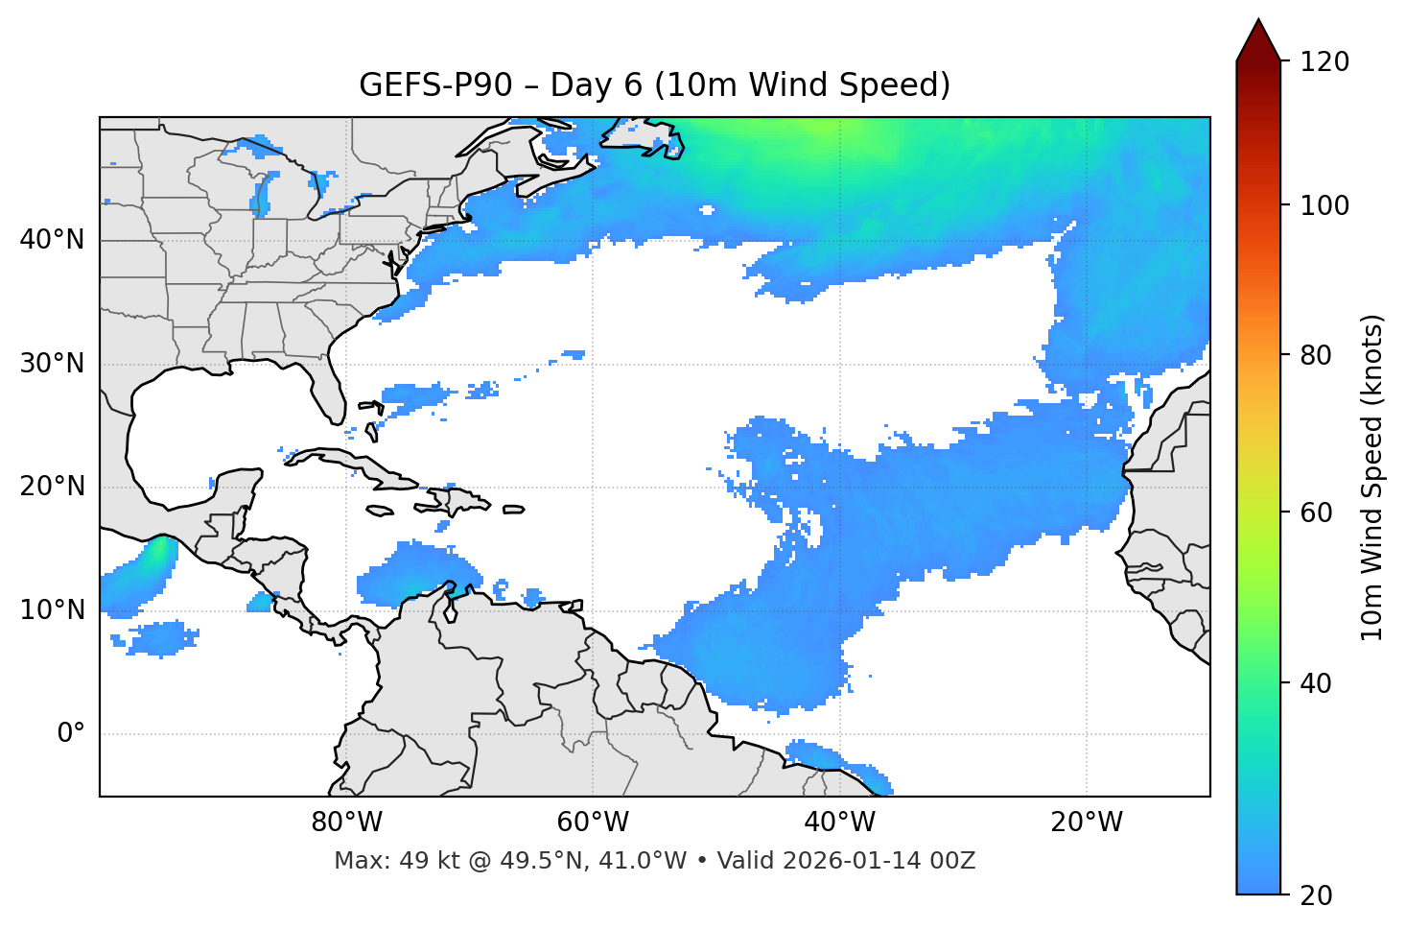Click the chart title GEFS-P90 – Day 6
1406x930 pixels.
tap(654, 85)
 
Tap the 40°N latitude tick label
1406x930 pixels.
tap(52, 240)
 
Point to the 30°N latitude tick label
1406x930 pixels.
tap(52, 364)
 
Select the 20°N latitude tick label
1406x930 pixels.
tap(52, 487)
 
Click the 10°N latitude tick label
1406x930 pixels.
tap(52, 610)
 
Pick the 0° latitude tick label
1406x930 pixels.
tap(71, 734)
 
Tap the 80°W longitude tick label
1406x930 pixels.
tap(347, 823)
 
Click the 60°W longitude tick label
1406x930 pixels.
tap(593, 823)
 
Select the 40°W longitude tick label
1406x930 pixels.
tap(839, 823)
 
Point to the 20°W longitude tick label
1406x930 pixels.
tap(1086, 823)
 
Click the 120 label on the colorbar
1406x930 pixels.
tap(1324, 62)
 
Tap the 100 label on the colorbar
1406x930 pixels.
tap(1324, 205)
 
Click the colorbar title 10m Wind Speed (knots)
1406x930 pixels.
tap(1372, 477)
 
